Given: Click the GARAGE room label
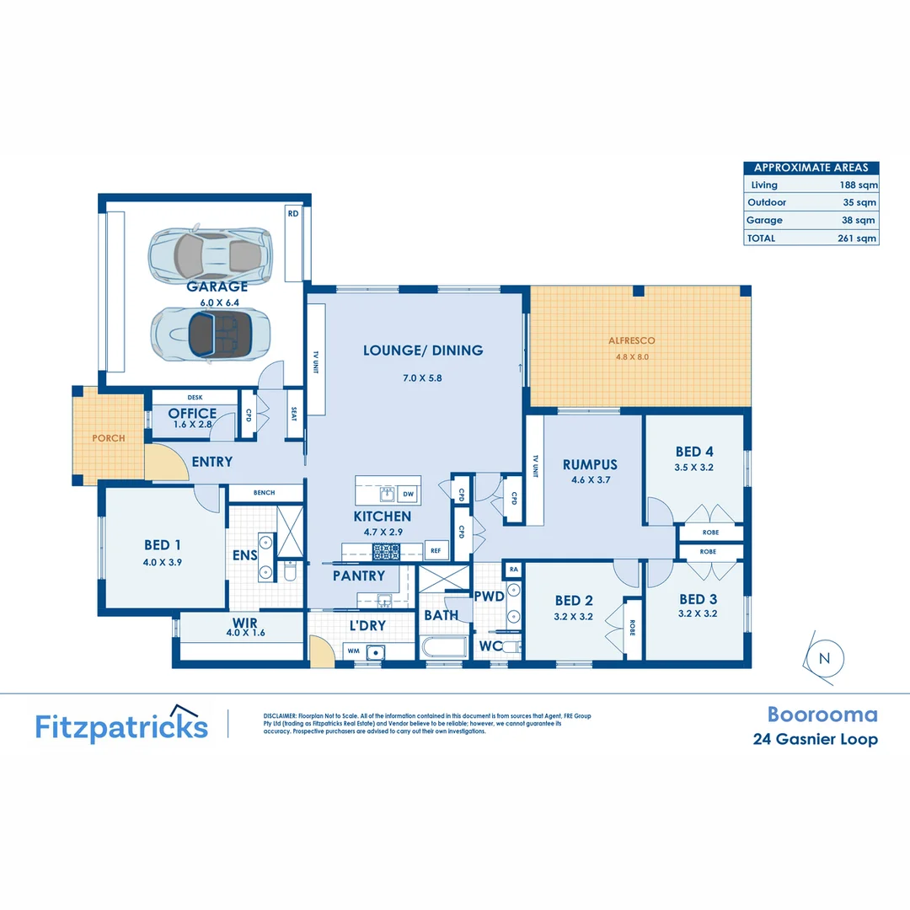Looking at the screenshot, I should pyautogui.click(x=217, y=286).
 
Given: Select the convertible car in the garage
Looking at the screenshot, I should pyautogui.click(x=211, y=332).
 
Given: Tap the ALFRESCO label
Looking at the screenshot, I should pyautogui.click(x=631, y=341).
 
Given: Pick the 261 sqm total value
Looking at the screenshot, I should pyautogui.click(x=859, y=238).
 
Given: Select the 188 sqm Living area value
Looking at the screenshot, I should pyautogui.click(x=859, y=185).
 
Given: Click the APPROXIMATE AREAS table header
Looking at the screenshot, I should pyautogui.click(x=811, y=168).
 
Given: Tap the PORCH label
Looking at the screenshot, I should pyautogui.click(x=109, y=438).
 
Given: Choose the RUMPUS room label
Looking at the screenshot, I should pyautogui.click(x=590, y=464).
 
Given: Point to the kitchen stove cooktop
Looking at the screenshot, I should pyautogui.click(x=386, y=552).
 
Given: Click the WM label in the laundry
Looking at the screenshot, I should pyautogui.click(x=352, y=650).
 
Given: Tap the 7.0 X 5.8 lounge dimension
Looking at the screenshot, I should pyautogui.click(x=422, y=378).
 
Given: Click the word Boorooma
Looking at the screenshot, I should pyautogui.click(x=822, y=715).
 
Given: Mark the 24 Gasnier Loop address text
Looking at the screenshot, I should pyautogui.click(x=814, y=740).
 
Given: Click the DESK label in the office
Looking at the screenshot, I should pyautogui.click(x=195, y=398).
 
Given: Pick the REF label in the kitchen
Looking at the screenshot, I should pyautogui.click(x=436, y=550).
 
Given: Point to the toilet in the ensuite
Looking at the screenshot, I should pyautogui.click(x=289, y=572).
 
